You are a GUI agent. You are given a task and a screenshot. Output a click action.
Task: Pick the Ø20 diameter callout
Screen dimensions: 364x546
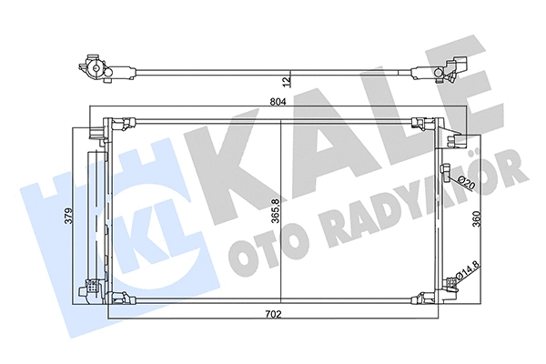466,181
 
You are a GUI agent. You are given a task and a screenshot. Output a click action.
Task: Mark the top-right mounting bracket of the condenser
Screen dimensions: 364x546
421,123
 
